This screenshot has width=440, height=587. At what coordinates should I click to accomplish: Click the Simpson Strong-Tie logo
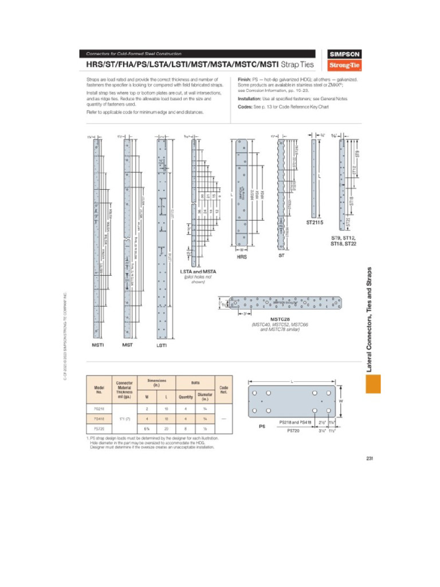[x=343, y=58]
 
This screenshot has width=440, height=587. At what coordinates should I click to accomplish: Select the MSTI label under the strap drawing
[x=98, y=346]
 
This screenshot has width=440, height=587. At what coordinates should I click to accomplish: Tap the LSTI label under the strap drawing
[x=162, y=346]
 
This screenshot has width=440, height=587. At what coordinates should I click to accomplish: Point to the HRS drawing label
[x=242, y=257]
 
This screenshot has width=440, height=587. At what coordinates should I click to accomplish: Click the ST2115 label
[x=315, y=222]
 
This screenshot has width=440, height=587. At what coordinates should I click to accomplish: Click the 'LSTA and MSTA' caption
[x=198, y=271]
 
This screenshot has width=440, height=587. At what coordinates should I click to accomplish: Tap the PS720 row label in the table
[x=99, y=428]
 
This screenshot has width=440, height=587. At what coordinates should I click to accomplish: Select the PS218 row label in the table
[x=99, y=409]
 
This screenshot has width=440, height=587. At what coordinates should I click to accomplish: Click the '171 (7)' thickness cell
[x=124, y=418]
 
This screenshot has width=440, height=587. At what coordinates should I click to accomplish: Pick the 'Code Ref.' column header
[x=223, y=389]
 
